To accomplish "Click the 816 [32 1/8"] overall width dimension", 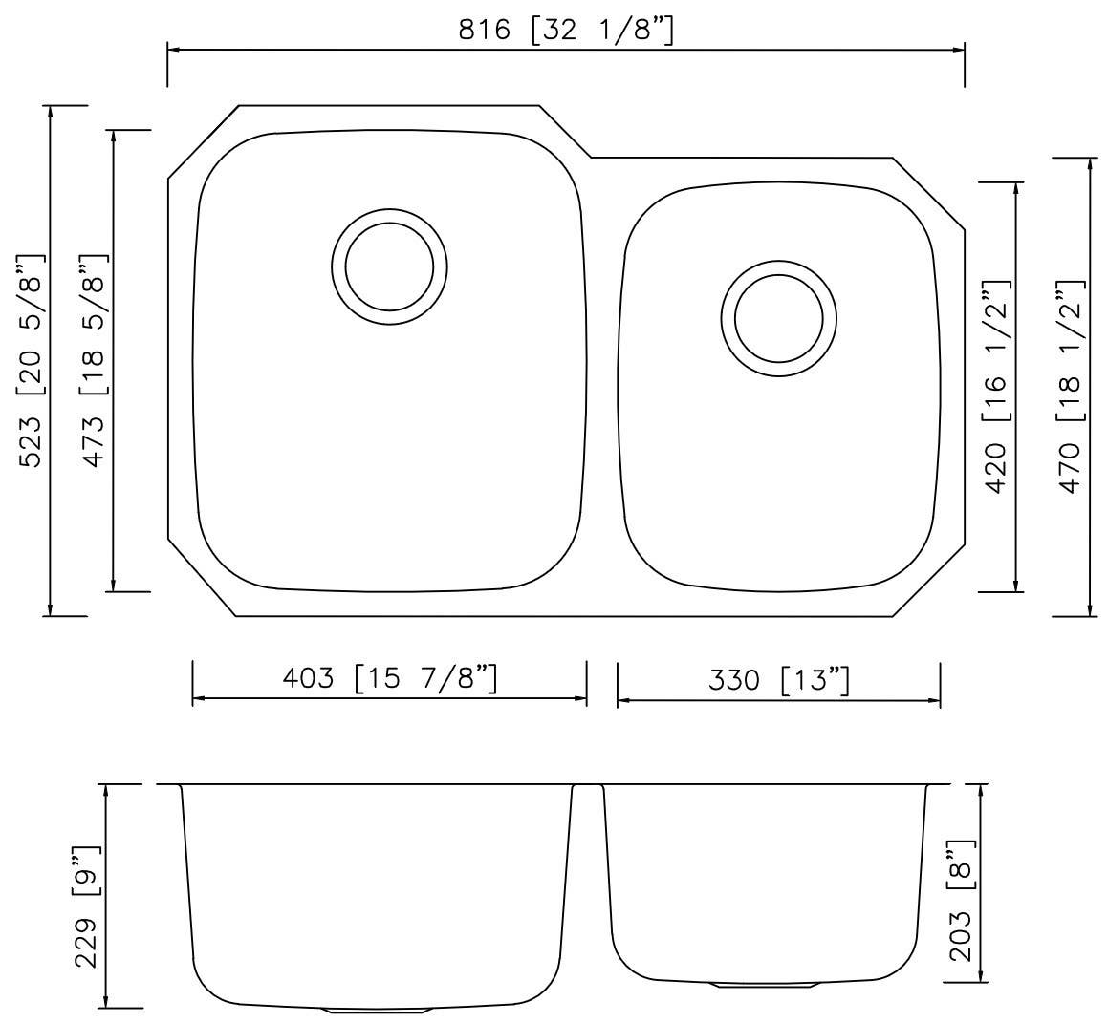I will [x=566, y=31].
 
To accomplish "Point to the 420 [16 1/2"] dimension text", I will [x=995, y=386].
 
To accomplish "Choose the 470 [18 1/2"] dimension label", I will [x=1071, y=386].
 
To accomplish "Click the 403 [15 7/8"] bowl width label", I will [x=389, y=678].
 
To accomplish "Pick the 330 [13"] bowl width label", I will [x=778, y=680].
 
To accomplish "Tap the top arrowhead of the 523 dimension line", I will [x=50, y=111].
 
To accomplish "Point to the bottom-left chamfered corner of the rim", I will [x=202, y=581].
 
